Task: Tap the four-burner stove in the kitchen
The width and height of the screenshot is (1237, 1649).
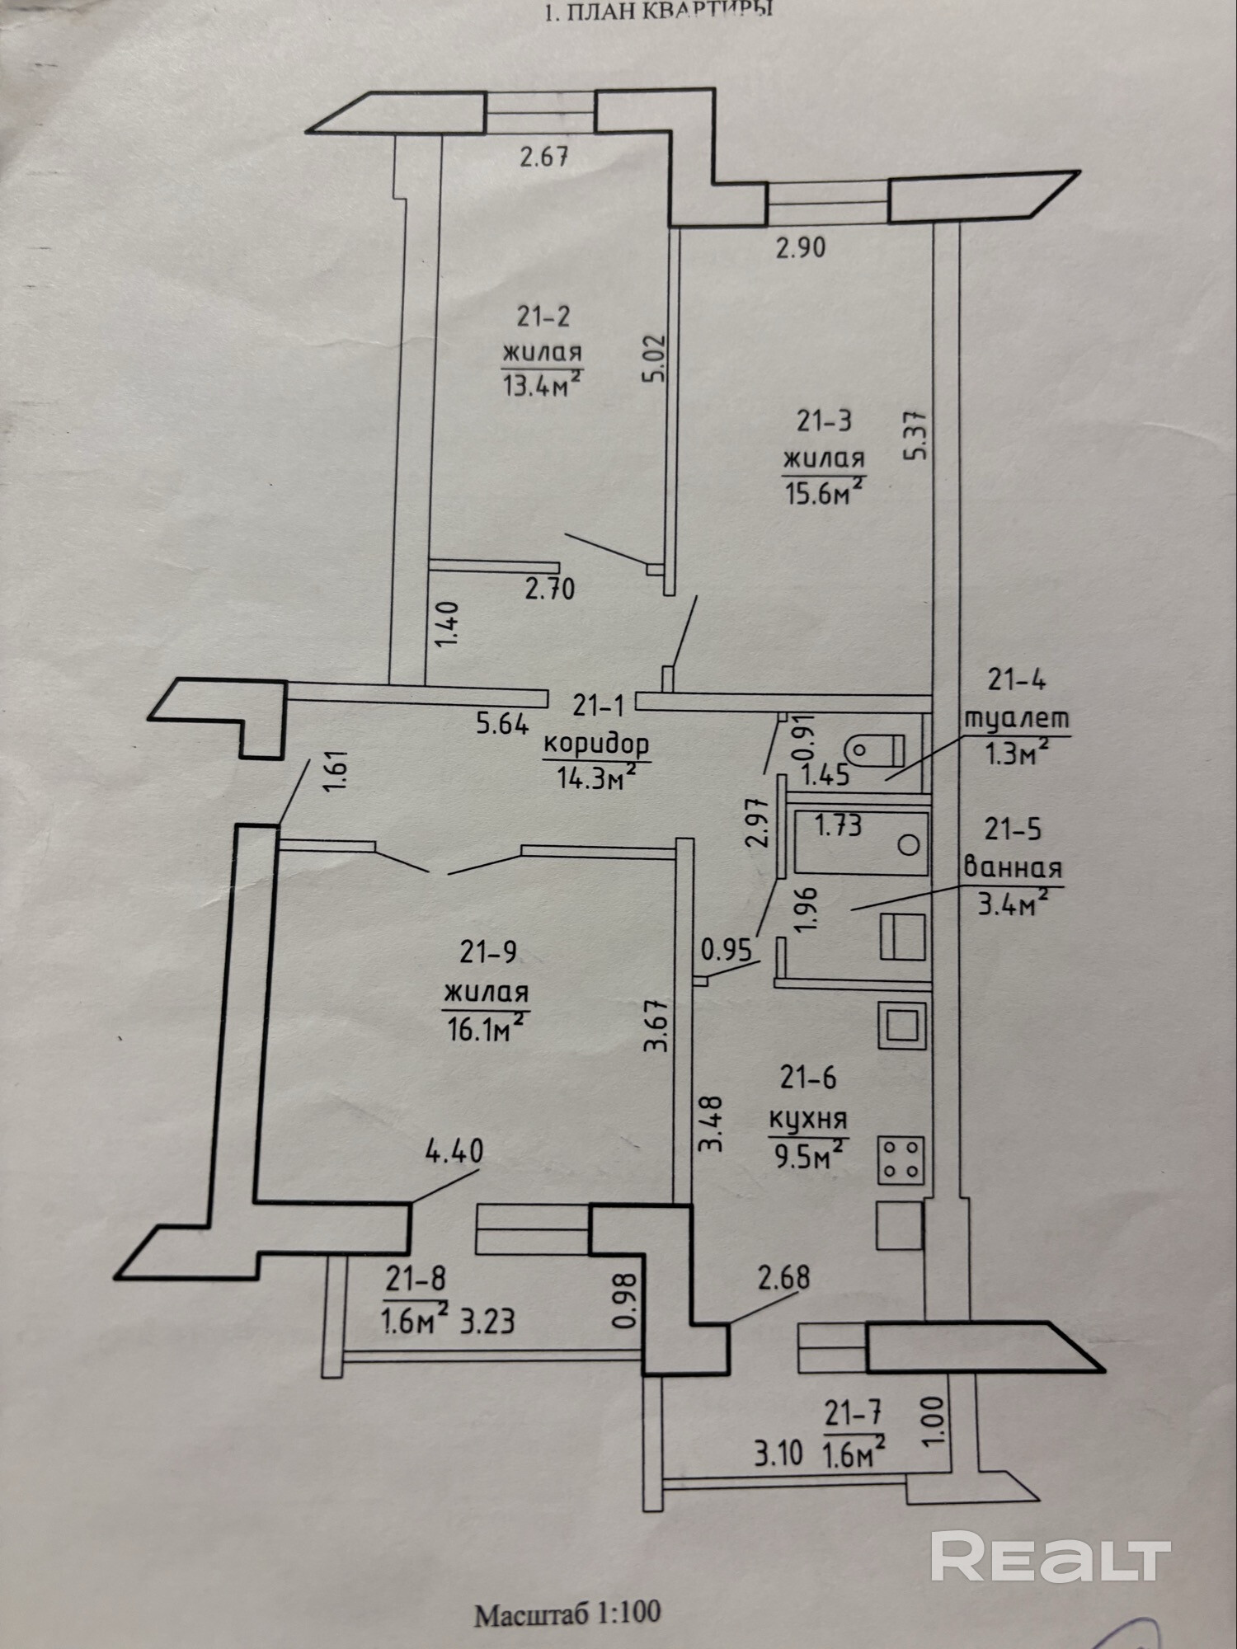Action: (x=901, y=1159)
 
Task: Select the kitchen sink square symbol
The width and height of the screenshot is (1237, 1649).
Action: (x=902, y=1026)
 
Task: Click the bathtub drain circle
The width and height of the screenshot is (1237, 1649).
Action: (x=909, y=844)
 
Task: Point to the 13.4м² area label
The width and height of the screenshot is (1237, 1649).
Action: (x=542, y=383)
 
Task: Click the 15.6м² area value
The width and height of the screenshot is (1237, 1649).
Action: (x=823, y=493)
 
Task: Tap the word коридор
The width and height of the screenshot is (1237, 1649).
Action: (x=596, y=745)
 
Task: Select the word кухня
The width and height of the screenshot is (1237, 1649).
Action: (x=808, y=1120)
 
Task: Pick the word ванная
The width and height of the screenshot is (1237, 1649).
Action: (x=1013, y=867)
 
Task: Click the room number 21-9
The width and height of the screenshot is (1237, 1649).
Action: (x=488, y=952)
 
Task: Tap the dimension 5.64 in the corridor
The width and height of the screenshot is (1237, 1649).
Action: (x=502, y=724)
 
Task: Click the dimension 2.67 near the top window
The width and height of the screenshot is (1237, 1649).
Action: (x=544, y=156)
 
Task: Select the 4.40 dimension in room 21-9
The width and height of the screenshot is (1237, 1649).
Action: (x=454, y=1151)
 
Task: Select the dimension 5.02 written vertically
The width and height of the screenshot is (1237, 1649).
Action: (x=656, y=359)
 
